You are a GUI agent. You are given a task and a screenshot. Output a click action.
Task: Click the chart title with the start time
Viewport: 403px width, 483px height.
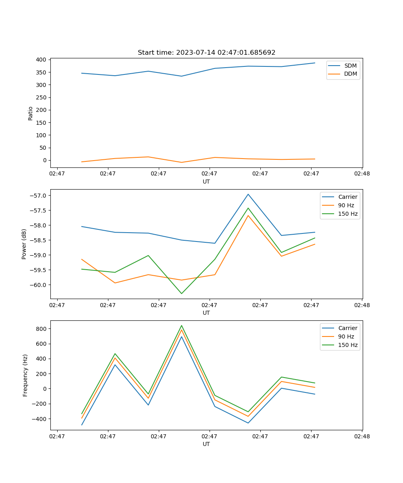(x=206, y=53)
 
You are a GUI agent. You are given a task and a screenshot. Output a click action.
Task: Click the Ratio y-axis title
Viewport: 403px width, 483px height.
(x=31, y=113)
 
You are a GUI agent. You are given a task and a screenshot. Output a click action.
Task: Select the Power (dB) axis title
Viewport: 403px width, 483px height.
(x=25, y=244)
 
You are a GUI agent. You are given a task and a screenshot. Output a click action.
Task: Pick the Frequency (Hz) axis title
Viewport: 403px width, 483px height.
(x=25, y=375)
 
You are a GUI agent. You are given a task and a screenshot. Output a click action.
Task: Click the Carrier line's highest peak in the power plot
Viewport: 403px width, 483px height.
(x=248, y=194)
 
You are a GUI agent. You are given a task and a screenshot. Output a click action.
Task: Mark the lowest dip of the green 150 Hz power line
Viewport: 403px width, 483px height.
(x=181, y=293)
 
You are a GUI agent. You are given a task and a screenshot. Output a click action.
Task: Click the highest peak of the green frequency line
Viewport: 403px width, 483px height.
(x=181, y=325)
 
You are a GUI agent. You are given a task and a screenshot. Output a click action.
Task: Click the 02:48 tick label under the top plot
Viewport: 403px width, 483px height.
(x=361, y=174)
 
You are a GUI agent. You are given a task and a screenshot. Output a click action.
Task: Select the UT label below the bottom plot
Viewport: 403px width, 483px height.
(x=206, y=444)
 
